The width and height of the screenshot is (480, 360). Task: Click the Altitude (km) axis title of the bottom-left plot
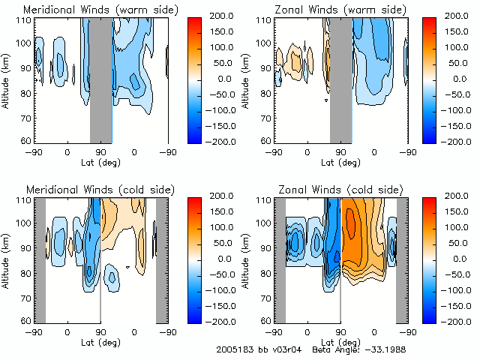[7, 259]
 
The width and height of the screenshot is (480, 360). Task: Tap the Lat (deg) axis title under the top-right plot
[340, 162]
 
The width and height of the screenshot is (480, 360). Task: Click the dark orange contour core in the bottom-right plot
[350, 223]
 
